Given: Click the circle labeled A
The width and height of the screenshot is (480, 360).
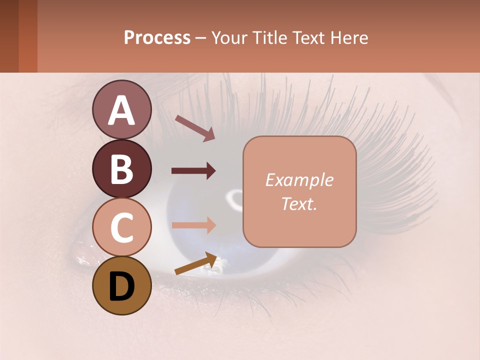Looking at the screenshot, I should pos(121,110).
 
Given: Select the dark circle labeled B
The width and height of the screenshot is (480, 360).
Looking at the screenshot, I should pos(121,169).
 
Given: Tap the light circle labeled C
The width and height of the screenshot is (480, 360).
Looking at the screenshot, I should pos(121,227).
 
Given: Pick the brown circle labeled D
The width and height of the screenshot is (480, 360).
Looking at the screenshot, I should pos(121,286).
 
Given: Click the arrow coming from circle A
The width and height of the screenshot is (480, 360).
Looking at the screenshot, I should pos(195,128).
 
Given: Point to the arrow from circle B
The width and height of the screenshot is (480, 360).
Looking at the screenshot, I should pos(193,171).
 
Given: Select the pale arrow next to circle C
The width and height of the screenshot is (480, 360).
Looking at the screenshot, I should pos(193,225).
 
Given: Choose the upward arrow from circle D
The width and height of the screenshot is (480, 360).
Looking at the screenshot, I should pos(196,263).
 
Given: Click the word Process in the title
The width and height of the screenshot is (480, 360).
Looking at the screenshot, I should pos(157,37).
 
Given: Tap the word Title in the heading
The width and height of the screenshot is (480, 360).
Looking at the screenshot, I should pos(268,37).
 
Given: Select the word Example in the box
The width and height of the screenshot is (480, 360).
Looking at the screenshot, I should pos(299,180).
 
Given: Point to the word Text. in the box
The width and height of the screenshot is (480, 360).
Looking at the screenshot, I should pos(299,203).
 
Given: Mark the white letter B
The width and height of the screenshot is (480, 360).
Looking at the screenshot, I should pos(121,169).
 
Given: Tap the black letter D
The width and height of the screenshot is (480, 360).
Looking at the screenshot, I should pos(121,286).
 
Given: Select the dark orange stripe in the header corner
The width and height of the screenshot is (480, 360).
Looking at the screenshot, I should pos(28,36).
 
